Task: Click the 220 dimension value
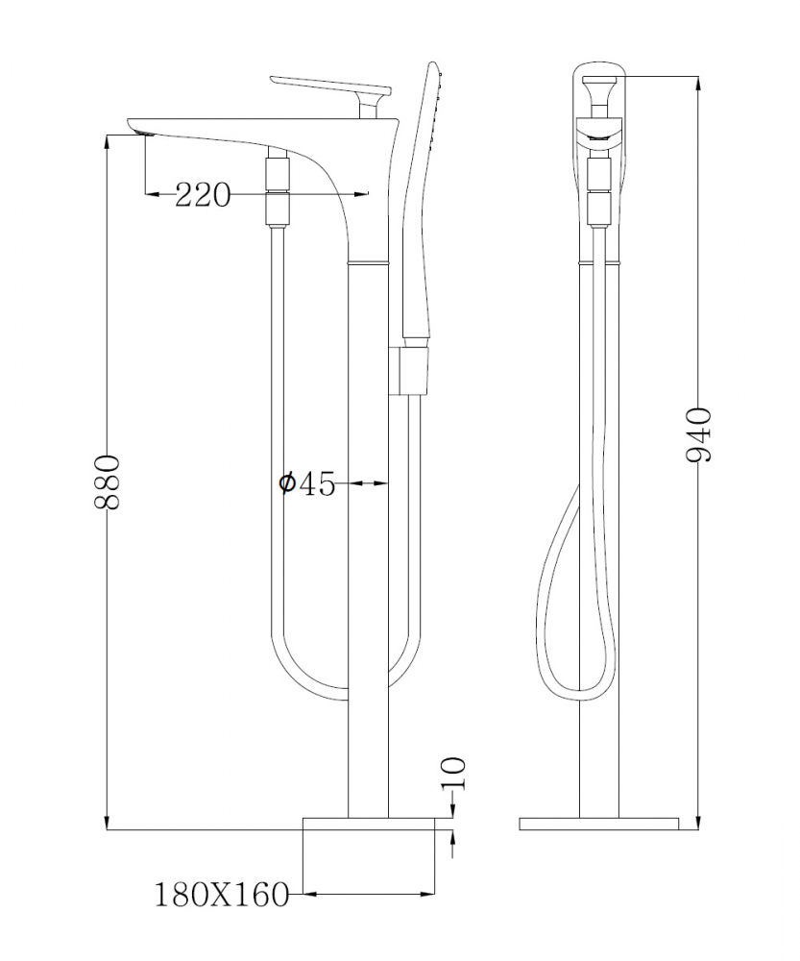tap(204, 195)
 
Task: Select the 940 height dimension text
tap(699, 434)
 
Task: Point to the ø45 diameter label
tap(306, 483)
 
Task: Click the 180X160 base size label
tap(221, 895)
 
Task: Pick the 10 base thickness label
tap(454, 774)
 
